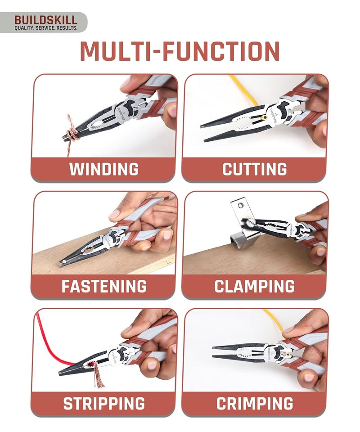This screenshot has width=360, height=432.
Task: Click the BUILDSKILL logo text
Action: coord(45,20)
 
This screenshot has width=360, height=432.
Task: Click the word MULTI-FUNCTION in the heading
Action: coord(180,52)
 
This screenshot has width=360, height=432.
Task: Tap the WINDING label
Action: coord(104,169)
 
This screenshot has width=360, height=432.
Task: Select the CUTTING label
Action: coord(255,169)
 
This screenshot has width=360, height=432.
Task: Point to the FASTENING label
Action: coord(104,286)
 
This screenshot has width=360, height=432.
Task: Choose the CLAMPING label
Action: coord(255,286)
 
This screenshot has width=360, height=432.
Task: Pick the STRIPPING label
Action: coord(104,403)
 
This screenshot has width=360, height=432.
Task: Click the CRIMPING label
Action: coord(255,403)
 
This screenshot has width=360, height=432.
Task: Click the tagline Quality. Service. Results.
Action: coord(45,28)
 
